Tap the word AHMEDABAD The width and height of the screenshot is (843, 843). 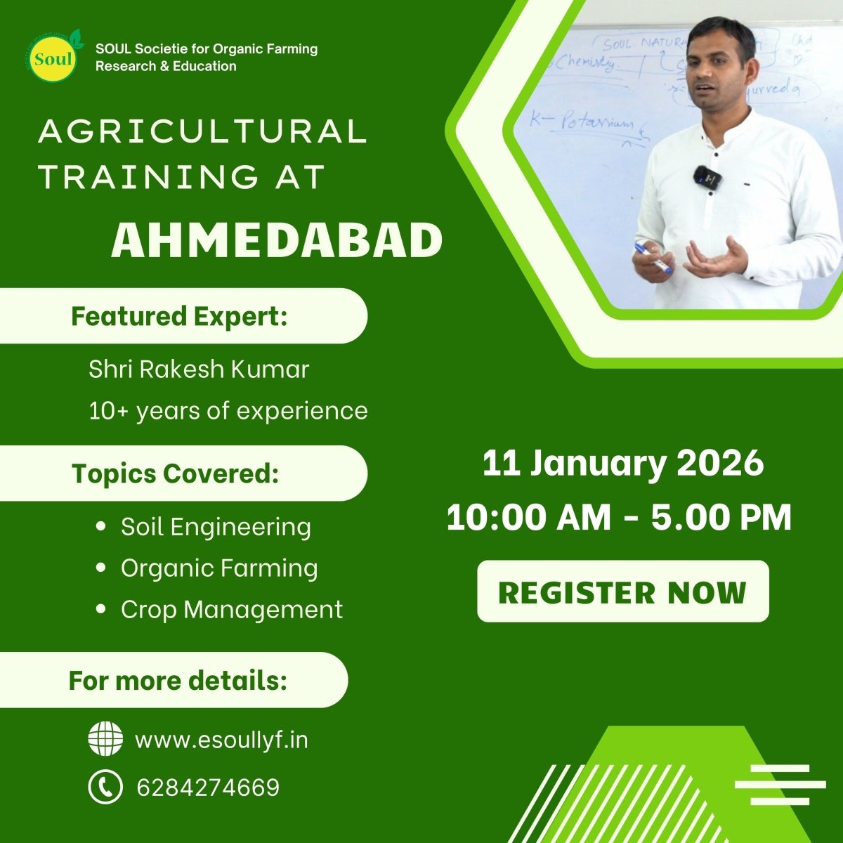click(x=277, y=241)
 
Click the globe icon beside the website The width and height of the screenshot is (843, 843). click(x=105, y=740)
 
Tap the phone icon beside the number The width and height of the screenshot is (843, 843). click(x=105, y=787)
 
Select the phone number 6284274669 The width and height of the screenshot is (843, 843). click(x=208, y=788)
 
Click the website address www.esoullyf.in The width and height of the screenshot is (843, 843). click(x=221, y=740)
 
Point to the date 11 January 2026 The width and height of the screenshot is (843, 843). click(x=622, y=464)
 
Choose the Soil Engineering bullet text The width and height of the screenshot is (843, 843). click(x=216, y=527)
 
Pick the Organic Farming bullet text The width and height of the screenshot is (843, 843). click(x=219, y=568)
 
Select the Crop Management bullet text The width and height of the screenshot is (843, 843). click(x=232, y=609)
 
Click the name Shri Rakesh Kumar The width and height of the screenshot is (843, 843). click(x=199, y=370)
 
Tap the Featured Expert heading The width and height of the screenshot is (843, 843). click(x=180, y=316)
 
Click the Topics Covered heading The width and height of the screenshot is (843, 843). click(x=176, y=473)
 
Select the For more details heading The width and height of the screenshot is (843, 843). click(x=178, y=681)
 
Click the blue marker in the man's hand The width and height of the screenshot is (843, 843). click(x=653, y=257)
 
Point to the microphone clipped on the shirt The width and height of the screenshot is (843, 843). click(x=707, y=177)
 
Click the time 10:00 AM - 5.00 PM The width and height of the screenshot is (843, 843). click(x=619, y=518)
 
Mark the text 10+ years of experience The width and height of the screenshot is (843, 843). click(x=228, y=411)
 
